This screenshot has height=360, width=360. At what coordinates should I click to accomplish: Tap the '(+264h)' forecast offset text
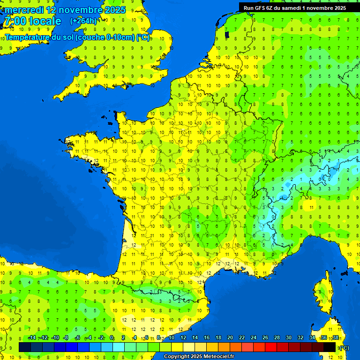83,21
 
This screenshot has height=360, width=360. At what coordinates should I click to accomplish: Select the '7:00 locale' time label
33,21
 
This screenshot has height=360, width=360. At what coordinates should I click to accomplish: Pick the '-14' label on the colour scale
32,338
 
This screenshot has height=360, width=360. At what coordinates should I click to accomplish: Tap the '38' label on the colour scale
336,338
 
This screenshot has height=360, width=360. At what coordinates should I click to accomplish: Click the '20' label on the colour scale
230,338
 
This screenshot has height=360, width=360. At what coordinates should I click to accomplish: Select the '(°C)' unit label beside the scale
344,347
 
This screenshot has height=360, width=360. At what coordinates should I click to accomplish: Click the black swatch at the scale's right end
330,347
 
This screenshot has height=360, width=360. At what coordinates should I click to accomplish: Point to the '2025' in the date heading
115,10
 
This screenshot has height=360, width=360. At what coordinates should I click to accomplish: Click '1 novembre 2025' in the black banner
323,8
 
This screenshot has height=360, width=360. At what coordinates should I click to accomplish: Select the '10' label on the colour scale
171,338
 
